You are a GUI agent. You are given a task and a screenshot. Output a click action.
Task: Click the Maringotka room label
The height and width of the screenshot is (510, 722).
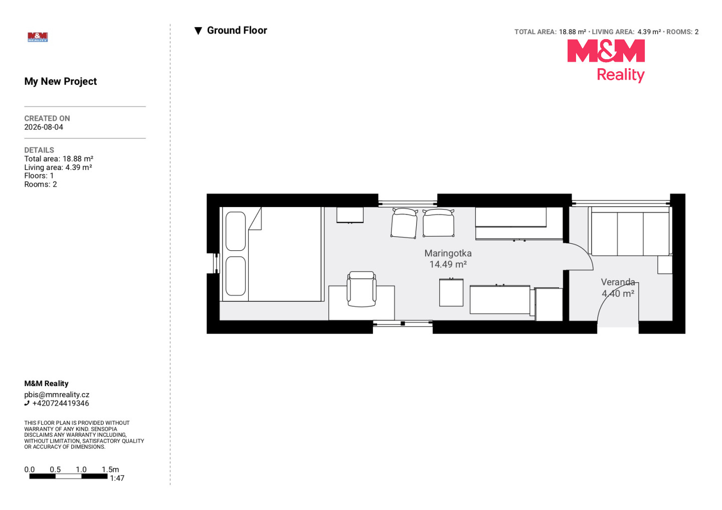[x=448, y=253]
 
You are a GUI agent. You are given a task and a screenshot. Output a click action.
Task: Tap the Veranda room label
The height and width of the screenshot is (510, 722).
[x=618, y=282]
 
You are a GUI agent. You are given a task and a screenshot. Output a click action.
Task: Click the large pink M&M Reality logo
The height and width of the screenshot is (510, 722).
[x=606, y=61]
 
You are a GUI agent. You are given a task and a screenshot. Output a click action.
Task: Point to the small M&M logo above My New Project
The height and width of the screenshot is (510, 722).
[x=38, y=37]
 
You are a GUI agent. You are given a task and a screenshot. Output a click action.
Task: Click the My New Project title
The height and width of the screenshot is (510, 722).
[x=61, y=81]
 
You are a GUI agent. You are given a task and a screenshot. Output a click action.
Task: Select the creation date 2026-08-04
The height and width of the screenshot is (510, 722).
[x=44, y=127]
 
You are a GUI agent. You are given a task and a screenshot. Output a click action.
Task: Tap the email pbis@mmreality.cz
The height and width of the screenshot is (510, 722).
[x=57, y=395]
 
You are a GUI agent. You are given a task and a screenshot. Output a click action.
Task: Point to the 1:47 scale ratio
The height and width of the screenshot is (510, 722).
[x=117, y=478]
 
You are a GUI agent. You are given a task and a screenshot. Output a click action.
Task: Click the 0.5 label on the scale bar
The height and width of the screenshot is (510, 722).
[x=55, y=469]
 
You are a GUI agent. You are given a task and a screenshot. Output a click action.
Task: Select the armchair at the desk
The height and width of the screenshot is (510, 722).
[x=362, y=289]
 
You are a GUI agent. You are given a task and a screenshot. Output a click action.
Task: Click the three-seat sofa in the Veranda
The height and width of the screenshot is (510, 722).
[x=630, y=231]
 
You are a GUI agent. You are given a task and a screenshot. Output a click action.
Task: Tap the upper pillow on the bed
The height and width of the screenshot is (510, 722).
[x=236, y=231]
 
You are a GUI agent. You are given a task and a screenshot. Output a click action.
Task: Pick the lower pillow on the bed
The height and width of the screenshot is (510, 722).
[x=236, y=276]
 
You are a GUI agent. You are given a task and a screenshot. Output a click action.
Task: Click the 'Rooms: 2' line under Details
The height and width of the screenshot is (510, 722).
[x=41, y=185]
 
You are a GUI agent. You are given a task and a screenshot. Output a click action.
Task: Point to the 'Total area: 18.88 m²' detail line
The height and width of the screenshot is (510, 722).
[x=59, y=159]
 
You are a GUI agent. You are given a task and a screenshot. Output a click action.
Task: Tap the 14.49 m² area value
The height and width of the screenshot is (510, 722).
[x=448, y=264]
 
